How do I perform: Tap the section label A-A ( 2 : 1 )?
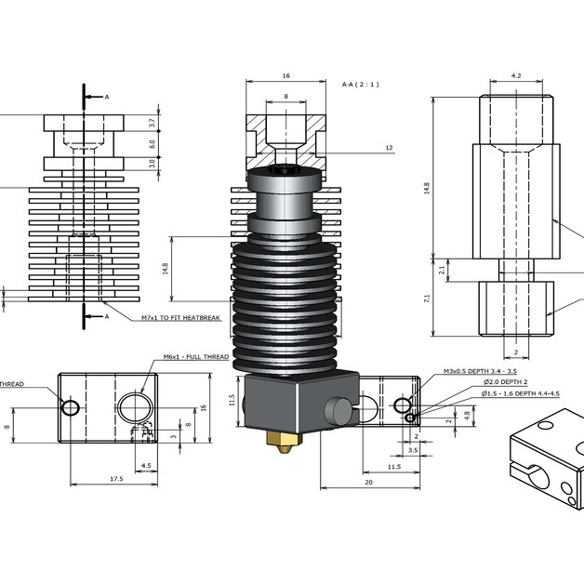coord(365,85)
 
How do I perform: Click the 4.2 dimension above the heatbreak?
coord(516,75)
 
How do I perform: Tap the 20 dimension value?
coord(369,483)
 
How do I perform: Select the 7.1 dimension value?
coord(427,299)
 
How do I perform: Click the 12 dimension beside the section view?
coord(389,148)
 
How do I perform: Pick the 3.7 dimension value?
coord(152,123)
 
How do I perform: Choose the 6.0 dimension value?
coord(152,143)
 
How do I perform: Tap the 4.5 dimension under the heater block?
coord(145,465)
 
